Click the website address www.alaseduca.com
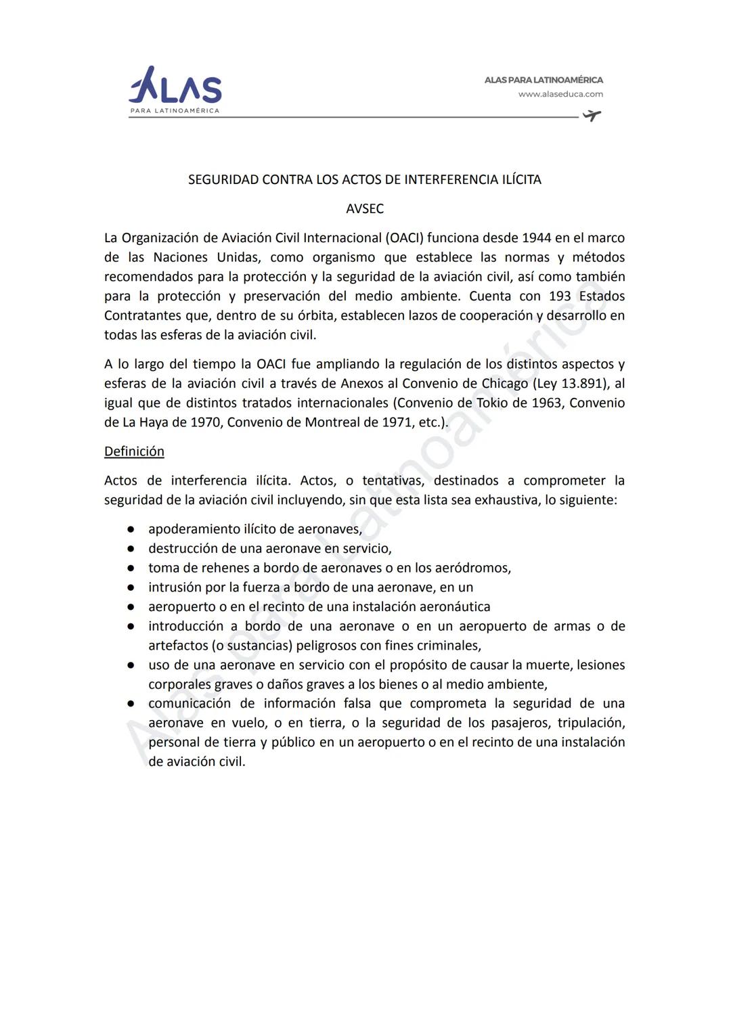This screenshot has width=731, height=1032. coord(560,94)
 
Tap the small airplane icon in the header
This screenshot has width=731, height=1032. coord(592,116)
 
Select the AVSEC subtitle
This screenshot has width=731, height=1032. coord(365,208)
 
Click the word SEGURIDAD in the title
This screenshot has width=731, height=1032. coord(223,179)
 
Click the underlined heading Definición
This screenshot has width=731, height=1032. coord(134,451)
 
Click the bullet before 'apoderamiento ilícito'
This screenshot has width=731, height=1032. coord(131,529)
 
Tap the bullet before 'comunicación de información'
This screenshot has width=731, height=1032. coord(131,704)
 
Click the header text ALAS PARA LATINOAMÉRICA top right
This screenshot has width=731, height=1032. coord(543,80)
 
